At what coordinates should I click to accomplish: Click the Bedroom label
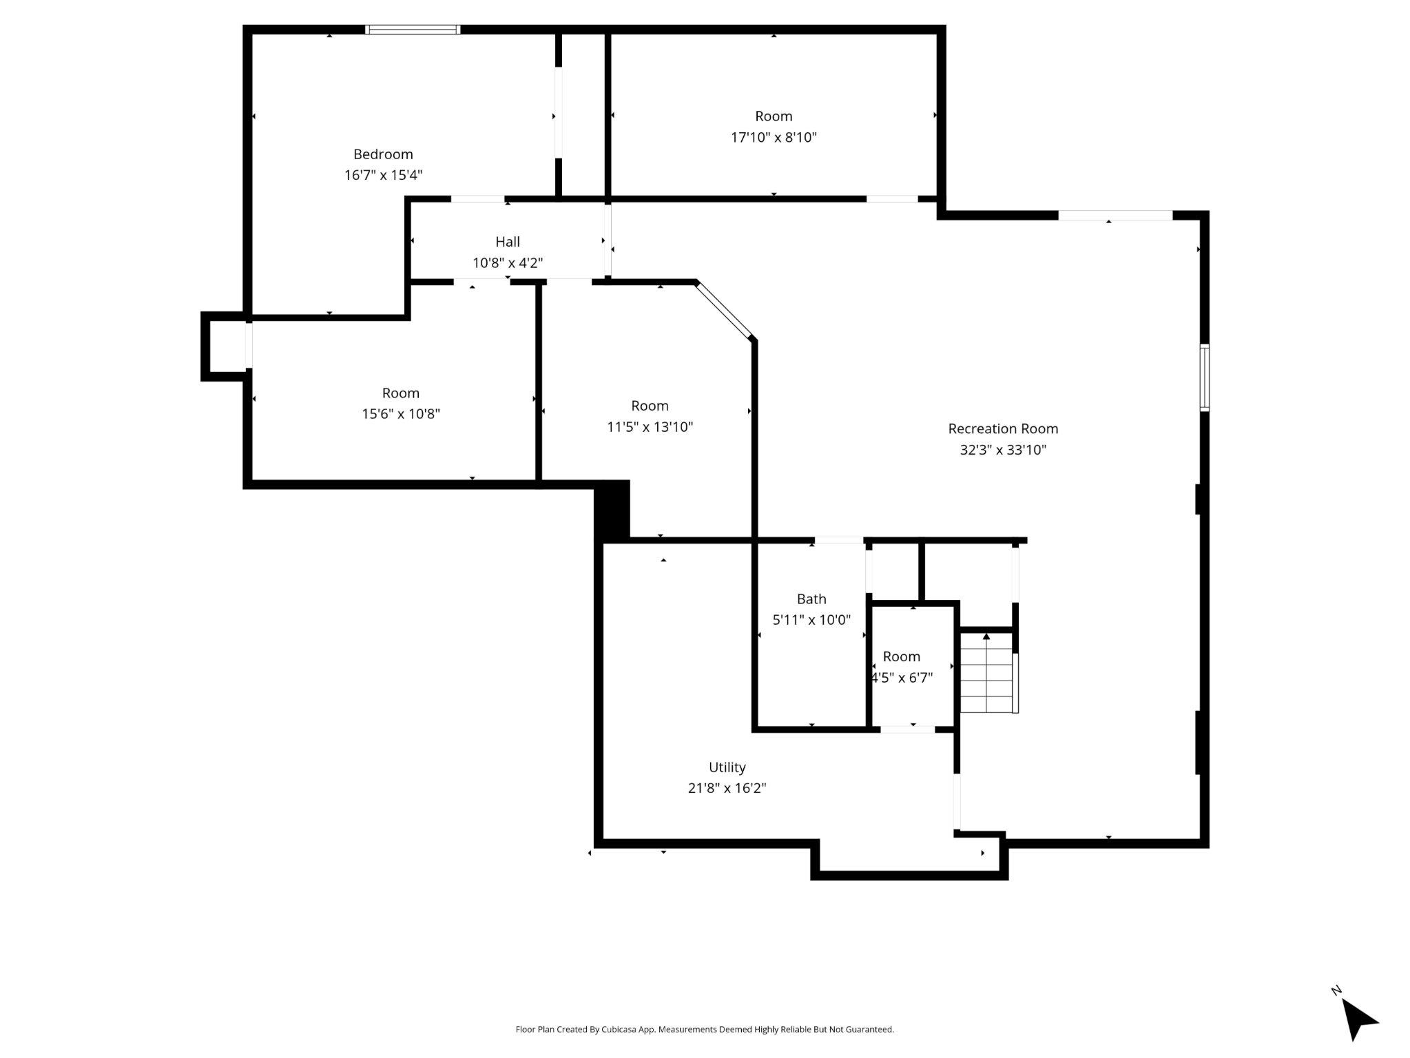point(383,154)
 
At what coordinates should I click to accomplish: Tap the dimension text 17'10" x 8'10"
point(774,137)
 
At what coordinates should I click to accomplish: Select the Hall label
point(508,242)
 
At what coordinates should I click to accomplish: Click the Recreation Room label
point(1003,428)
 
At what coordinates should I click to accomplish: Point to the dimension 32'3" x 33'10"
point(1003,450)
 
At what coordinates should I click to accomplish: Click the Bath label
point(811,599)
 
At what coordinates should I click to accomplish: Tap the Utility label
point(727,767)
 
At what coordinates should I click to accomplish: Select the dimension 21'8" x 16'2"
point(727,788)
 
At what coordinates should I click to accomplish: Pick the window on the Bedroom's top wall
point(413,30)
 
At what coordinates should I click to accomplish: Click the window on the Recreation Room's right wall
point(1204,377)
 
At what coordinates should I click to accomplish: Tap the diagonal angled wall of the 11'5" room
point(724,310)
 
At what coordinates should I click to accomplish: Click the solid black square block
point(612,510)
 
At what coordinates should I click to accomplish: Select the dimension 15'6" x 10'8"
point(401,414)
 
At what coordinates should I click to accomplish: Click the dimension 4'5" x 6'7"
point(902,678)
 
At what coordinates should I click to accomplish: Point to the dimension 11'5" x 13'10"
point(650,427)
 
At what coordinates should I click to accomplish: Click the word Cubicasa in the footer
point(619,1029)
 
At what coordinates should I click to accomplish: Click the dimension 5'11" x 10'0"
point(811,620)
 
